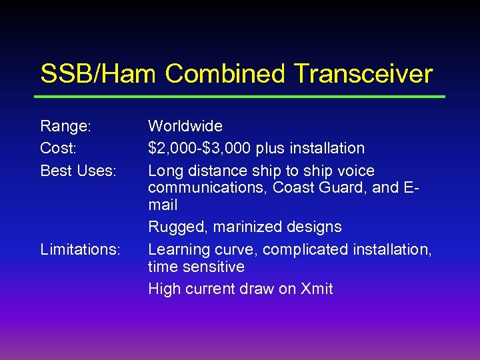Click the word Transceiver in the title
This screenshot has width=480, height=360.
pos(360,74)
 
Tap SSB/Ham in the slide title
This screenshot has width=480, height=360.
pos(99,74)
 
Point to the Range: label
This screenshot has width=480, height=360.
pos(66,126)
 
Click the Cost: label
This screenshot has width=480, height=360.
pos(58,148)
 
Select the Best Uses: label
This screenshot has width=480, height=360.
pos(79,171)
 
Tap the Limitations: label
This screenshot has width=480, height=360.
pos(80,249)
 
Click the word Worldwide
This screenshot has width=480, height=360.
pos(185,126)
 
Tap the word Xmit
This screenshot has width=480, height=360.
pos(313,289)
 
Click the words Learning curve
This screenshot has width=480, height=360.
pos(203,249)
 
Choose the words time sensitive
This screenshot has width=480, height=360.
pos(196,267)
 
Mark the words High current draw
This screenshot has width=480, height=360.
pos(211,289)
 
